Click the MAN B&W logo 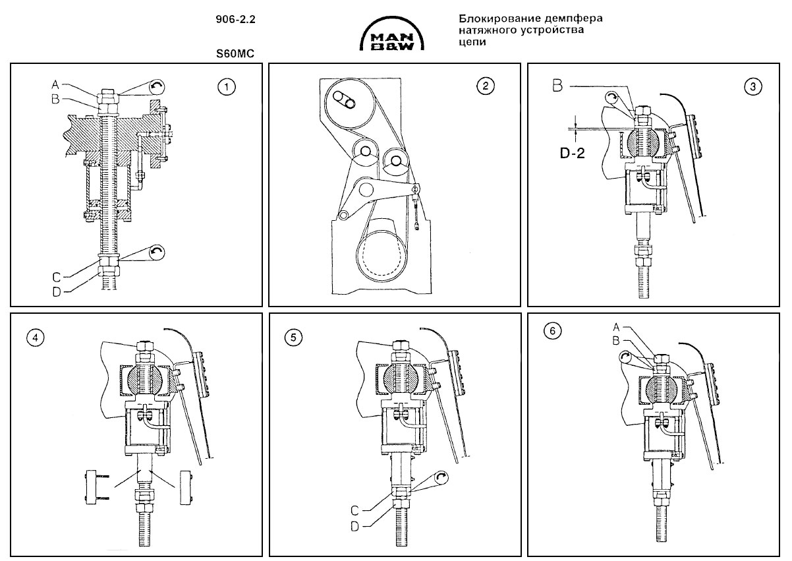click(392, 38)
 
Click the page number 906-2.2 click(235, 20)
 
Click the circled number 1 click(227, 86)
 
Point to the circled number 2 click(485, 86)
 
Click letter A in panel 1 click(55, 84)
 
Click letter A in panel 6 click(615, 326)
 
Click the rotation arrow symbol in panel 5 click(443, 479)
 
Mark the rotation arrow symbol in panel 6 click(626, 358)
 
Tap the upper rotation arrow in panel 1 click(156, 86)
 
